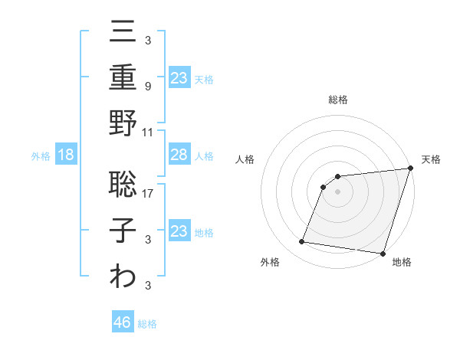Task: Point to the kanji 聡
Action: [123, 184]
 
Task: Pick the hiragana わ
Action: [123, 277]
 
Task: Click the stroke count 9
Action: [148, 86]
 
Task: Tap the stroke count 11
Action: [149, 132]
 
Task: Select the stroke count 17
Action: [149, 193]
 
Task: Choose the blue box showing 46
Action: [123, 322]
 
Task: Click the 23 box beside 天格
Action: [179, 77]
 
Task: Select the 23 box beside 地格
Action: [179, 231]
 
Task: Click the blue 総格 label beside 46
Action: [147, 323]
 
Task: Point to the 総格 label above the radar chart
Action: [337, 100]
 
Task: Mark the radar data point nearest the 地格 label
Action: [383, 253]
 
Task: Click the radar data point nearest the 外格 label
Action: [302, 242]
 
